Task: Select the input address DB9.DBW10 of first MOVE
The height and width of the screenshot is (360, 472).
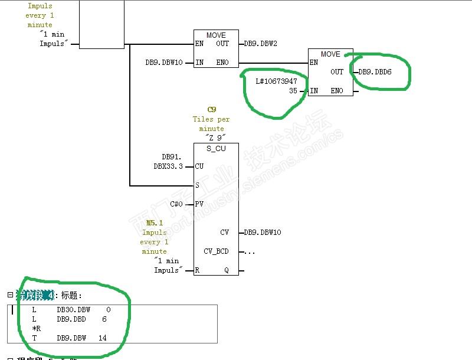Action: (x=164, y=63)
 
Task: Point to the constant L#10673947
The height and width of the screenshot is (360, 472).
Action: (x=277, y=81)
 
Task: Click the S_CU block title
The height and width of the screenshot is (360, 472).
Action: (x=216, y=149)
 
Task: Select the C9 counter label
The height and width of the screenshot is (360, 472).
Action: (x=211, y=110)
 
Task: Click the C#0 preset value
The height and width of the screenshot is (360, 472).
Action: (x=176, y=204)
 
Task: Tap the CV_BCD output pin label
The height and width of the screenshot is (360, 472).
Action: (x=216, y=251)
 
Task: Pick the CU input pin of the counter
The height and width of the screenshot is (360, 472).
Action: (x=199, y=166)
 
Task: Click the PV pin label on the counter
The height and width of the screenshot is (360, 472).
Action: (x=199, y=204)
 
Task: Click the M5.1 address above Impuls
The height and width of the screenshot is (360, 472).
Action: (x=155, y=223)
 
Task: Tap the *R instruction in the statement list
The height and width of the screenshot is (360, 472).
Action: (x=36, y=328)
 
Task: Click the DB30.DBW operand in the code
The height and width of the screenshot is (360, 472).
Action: (x=74, y=309)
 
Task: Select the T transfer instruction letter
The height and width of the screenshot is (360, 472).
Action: (x=34, y=338)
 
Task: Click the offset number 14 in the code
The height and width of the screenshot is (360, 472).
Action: (x=103, y=338)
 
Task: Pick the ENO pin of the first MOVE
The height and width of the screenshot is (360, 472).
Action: (x=222, y=63)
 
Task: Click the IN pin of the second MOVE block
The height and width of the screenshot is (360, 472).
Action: (x=314, y=91)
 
